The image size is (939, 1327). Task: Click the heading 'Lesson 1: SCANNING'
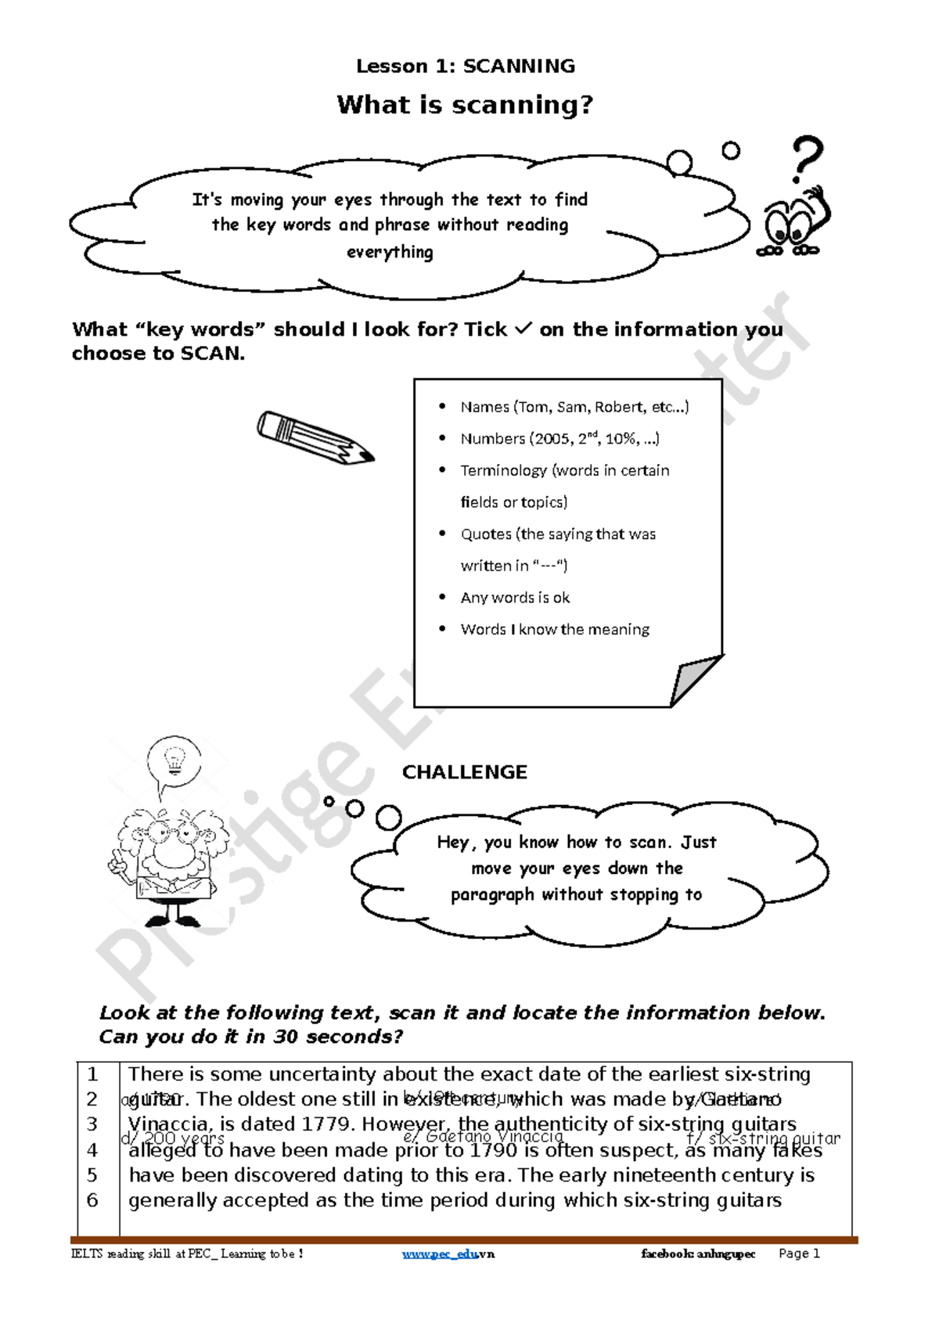point(466,67)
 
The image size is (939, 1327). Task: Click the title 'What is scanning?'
point(466,105)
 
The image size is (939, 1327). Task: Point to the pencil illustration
point(315,437)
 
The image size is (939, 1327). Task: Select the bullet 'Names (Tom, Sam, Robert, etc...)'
point(574,407)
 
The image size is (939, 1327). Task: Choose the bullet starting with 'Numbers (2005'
point(559,438)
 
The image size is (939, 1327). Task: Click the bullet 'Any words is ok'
point(515,598)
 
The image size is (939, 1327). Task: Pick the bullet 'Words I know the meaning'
point(555,629)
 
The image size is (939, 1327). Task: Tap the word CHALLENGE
point(465,772)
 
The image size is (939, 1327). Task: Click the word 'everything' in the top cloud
point(390,252)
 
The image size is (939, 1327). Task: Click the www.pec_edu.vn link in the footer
point(448,1253)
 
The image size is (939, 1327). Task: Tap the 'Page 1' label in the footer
point(799,1253)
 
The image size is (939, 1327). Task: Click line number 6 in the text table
point(92,1200)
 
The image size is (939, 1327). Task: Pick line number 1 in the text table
point(92,1074)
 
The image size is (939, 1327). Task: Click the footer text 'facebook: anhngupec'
point(698,1253)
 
